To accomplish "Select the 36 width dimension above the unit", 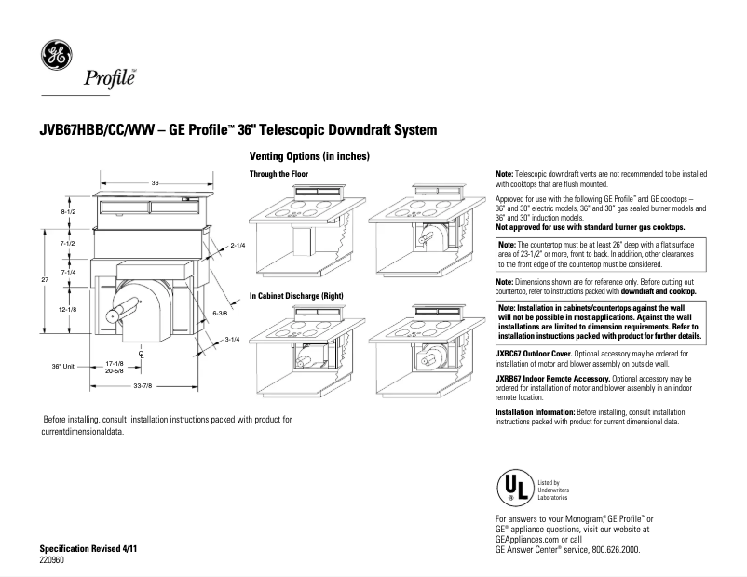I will click(156, 183).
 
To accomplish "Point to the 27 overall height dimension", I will click(43, 278).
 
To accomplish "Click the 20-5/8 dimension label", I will click(115, 370).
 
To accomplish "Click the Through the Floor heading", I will click(279, 175).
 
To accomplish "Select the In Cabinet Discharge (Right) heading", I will click(296, 295).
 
